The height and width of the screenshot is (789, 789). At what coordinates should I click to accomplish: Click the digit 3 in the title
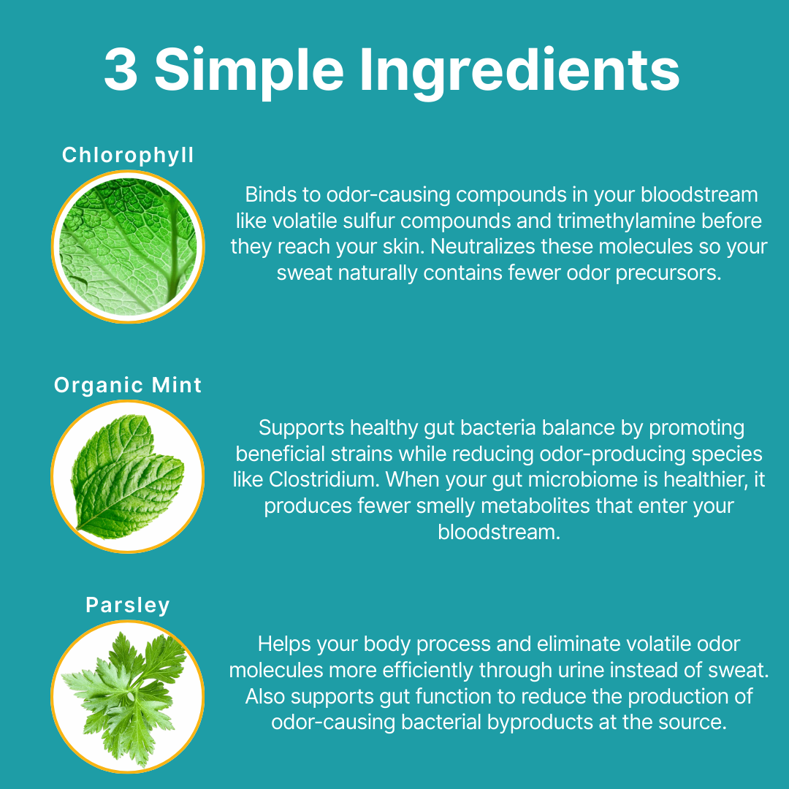pos(121,69)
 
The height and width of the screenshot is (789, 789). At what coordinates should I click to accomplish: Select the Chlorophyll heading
pos(128,156)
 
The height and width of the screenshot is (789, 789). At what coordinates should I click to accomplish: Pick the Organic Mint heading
pos(128,385)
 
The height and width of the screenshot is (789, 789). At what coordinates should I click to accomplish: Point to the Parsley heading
pos(128,606)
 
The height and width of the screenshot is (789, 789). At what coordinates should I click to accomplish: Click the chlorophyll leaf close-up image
pos(128,247)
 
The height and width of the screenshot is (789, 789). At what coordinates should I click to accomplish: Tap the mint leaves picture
pos(128,476)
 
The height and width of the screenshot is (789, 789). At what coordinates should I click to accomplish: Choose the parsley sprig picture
pos(128,696)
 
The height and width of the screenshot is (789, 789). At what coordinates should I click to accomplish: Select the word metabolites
pos(535,506)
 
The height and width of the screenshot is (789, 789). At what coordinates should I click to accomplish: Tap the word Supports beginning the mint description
pos(301,428)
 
